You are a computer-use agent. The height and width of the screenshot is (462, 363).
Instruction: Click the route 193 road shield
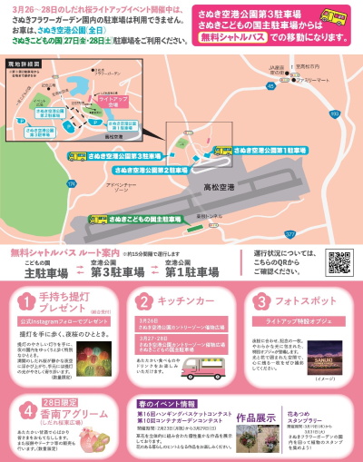coord(334,114)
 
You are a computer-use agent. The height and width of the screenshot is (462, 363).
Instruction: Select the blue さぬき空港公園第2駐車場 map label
coord(150,169)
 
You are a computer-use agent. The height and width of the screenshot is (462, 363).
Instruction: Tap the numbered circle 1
coord(29,302)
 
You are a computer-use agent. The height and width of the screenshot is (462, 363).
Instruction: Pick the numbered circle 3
coord(260,302)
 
